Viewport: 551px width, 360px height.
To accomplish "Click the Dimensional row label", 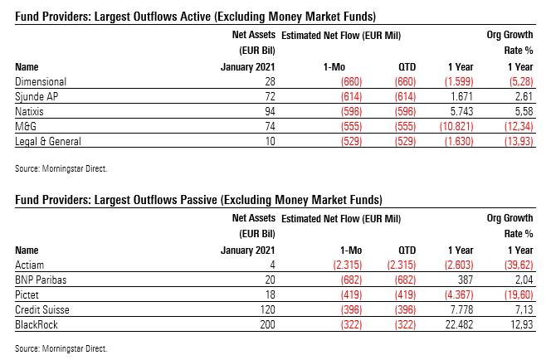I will [41, 82].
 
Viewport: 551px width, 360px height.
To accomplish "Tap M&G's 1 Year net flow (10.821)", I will [456, 124].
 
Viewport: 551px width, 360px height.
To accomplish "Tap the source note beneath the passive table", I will [61, 348].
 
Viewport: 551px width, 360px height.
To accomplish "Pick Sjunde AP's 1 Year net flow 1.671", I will [461, 96].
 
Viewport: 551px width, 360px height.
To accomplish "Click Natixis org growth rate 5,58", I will [523, 110].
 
